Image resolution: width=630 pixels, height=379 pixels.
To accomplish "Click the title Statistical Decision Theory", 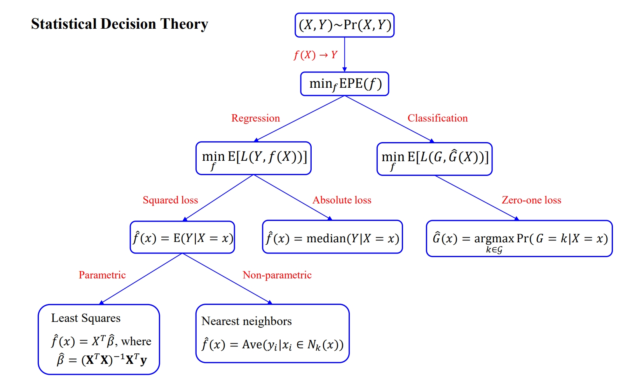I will [x=119, y=24].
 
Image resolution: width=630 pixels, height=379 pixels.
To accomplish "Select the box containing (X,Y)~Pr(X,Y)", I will [x=344, y=25].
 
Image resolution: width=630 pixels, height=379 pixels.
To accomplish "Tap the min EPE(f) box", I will [x=344, y=84].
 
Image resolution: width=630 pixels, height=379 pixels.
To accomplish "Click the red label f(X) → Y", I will [x=315, y=55].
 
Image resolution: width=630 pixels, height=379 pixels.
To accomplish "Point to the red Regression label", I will [x=255, y=118].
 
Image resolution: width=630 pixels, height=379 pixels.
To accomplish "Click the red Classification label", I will [x=437, y=118].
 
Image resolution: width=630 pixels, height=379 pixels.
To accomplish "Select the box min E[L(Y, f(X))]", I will [x=253, y=158].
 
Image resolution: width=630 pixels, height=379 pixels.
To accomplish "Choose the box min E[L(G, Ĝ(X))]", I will [x=435, y=159].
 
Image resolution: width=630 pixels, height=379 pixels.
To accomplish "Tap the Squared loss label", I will [x=170, y=200].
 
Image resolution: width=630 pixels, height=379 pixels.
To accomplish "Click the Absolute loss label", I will [x=342, y=200].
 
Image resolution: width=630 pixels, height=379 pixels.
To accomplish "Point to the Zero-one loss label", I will [x=531, y=200].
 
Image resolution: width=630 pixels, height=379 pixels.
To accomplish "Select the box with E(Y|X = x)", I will [x=182, y=237].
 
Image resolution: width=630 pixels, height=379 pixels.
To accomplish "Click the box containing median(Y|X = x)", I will [x=332, y=237].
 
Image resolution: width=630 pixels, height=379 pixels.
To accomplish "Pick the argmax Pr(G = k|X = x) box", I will [x=519, y=239].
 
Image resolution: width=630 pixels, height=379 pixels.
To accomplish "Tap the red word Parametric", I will [x=102, y=275].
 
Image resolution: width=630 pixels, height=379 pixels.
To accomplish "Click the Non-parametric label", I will [x=277, y=275].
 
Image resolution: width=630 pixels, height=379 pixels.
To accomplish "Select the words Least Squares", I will [x=86, y=318].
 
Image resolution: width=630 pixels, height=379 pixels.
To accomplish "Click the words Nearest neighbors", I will [x=246, y=321].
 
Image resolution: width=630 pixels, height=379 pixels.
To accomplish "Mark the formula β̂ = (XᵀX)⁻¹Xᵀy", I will [x=102, y=360].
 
